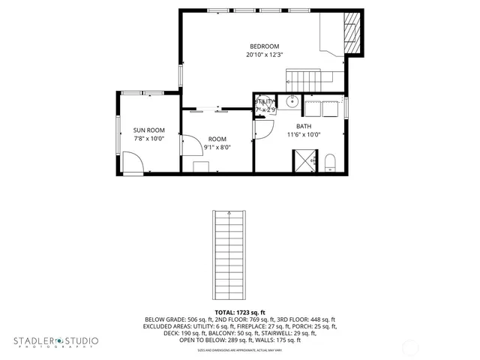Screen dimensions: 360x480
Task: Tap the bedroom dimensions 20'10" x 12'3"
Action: point(265,55)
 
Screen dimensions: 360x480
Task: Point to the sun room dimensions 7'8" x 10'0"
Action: point(148,139)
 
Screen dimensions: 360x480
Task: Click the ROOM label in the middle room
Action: point(217,139)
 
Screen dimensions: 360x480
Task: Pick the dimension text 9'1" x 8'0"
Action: point(217,147)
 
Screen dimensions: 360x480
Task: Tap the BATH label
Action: point(304,126)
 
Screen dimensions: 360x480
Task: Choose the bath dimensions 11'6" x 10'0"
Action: point(304,135)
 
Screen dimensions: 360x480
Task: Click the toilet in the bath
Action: point(329,163)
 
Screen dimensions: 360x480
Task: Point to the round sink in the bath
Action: point(294,103)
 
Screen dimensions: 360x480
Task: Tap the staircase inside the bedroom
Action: point(306,77)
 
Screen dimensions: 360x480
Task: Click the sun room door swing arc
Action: point(133,161)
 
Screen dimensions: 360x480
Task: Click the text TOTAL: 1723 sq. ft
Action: point(239,312)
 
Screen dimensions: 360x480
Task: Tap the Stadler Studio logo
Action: point(55,342)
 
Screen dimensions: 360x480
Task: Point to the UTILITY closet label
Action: point(265,102)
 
